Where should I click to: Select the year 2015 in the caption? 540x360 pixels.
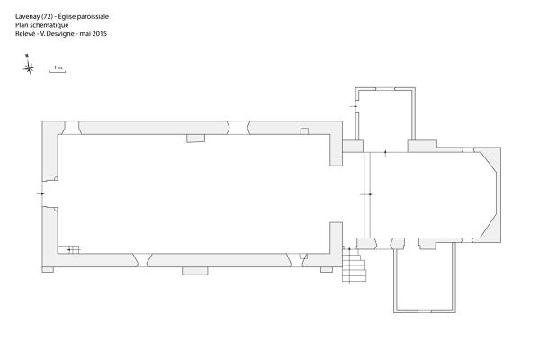tap(100, 34)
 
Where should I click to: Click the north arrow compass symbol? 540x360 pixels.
tap(29, 65)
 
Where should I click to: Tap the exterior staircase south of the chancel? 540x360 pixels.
tap(354, 265)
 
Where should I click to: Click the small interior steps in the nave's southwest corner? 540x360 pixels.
tap(74, 249)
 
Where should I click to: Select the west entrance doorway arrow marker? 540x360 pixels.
tap(41, 194)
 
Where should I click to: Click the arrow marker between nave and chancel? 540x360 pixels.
tap(366, 194)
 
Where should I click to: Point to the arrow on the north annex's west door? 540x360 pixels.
tap(355, 106)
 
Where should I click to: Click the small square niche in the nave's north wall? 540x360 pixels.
tap(304, 130)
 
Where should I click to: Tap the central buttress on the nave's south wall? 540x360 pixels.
tap(195, 271)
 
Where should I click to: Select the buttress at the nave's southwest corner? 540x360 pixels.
tap(48, 269)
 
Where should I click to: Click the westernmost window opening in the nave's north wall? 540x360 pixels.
tap(71, 128)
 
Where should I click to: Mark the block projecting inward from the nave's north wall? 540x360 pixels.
tap(195, 138)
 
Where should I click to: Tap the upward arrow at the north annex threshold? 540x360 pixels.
tap(385, 153)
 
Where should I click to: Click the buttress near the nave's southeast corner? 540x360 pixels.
tap(327, 269)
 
